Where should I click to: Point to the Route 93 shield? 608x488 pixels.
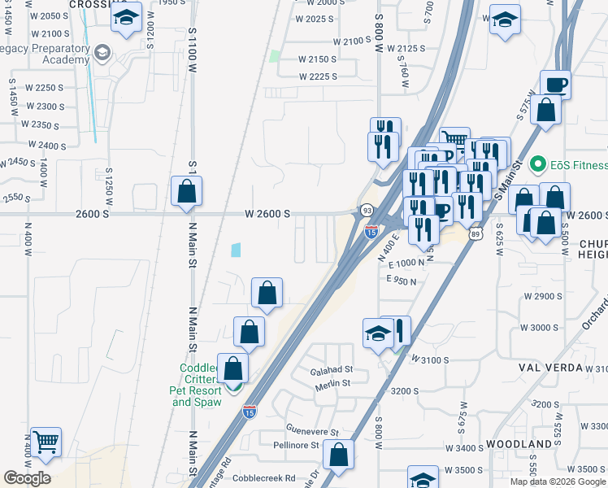click(x=367, y=210)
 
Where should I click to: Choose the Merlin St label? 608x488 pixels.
click(x=333, y=383)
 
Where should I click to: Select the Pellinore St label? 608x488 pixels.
click(x=295, y=445)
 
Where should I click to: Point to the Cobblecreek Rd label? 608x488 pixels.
click(x=262, y=478)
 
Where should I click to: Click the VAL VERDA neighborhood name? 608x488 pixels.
click(x=550, y=368)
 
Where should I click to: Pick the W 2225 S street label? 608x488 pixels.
click(x=317, y=76)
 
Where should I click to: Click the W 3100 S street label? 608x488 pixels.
click(x=430, y=359)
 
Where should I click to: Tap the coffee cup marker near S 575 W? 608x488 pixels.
click(x=556, y=85)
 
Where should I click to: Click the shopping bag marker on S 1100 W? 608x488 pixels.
click(x=187, y=192)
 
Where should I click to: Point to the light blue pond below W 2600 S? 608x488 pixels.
click(x=236, y=251)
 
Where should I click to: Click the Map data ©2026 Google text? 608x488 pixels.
click(x=558, y=481)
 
